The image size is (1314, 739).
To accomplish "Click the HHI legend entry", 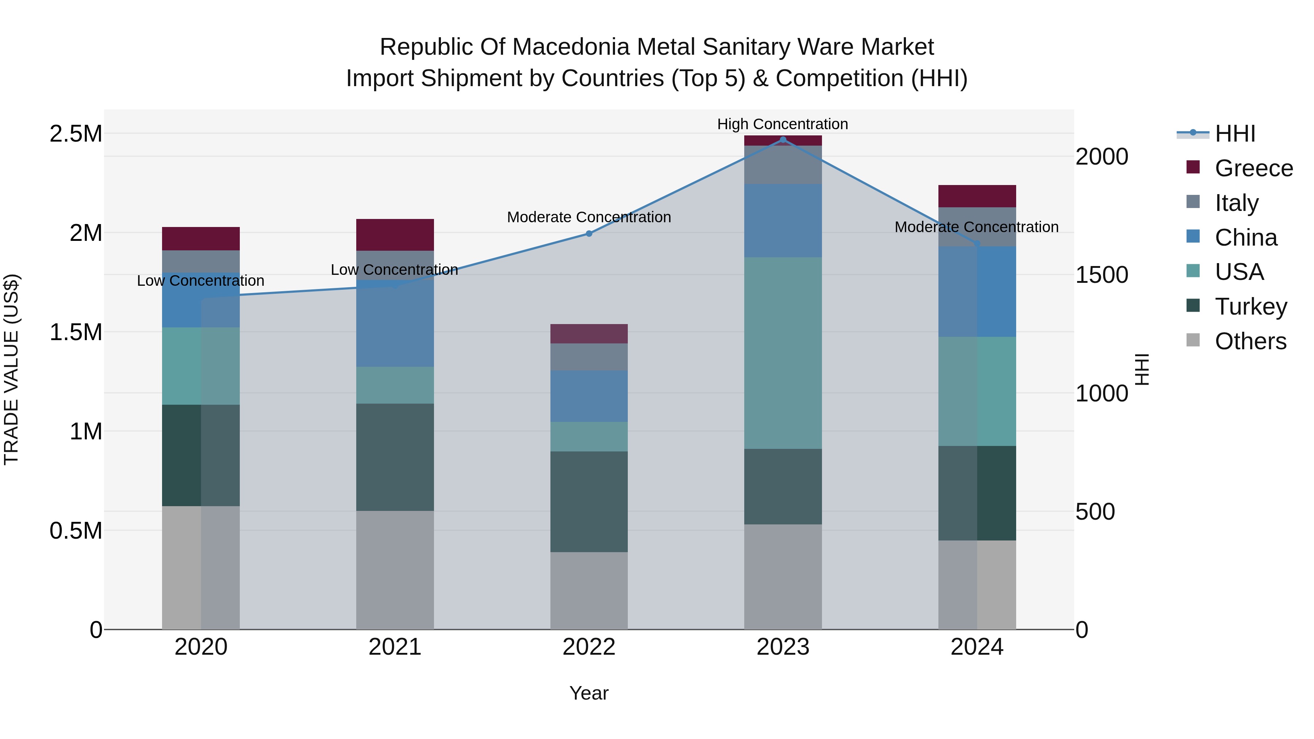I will (1234, 134).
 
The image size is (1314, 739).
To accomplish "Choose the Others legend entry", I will (1250, 341).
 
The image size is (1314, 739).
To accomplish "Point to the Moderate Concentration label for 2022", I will (589, 217).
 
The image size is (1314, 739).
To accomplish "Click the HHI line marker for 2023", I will (783, 139).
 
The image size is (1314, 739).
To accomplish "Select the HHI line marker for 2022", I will (589, 234).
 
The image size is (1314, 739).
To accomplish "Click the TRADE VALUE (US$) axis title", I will (11, 369).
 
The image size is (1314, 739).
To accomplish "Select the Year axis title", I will (589, 693).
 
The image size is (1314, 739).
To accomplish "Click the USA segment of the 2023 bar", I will (783, 353).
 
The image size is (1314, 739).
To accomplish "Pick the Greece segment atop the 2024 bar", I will (977, 196).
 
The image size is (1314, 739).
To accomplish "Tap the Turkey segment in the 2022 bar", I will (589, 501).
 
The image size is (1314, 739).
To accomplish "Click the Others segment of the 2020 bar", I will (200, 567).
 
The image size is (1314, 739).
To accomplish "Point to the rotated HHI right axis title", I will (1142, 369).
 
